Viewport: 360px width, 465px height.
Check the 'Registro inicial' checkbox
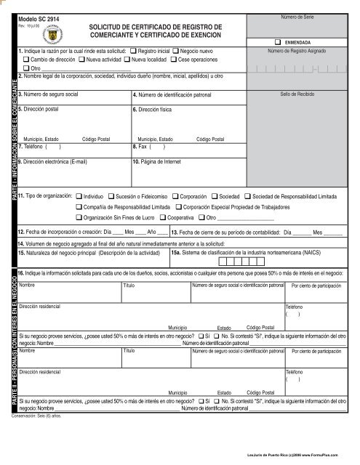pyautogui.click(x=135, y=50)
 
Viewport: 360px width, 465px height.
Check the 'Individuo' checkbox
pyautogui.click(x=79, y=196)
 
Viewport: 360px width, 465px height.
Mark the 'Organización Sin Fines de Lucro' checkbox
pyautogui.click(x=79, y=217)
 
